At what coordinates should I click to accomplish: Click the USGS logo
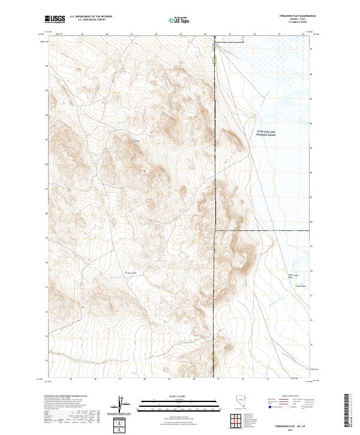[55, 20]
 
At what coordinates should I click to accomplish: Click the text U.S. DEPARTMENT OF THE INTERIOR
[91, 17]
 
